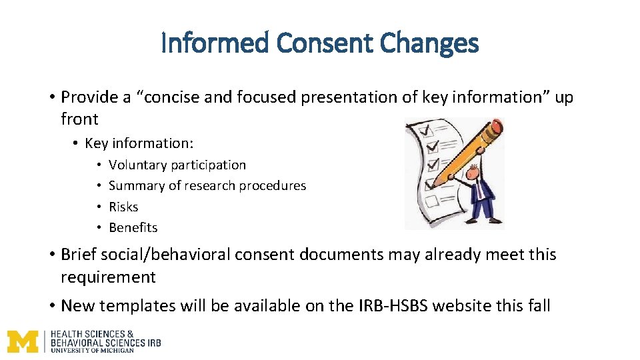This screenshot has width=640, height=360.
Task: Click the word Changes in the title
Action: (x=430, y=44)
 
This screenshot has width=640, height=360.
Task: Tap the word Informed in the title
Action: (x=215, y=44)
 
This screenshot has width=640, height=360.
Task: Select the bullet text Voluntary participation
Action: (x=177, y=165)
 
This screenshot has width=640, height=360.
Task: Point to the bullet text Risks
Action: (x=123, y=207)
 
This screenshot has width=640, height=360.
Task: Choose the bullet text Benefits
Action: (x=133, y=227)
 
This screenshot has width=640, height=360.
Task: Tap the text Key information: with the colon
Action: (x=139, y=143)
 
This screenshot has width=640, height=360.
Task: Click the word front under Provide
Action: (x=79, y=119)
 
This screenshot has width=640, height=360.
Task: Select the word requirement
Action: (x=108, y=277)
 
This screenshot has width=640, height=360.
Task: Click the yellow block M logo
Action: (x=23, y=341)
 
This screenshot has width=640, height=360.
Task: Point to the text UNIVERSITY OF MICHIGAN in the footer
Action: (x=92, y=350)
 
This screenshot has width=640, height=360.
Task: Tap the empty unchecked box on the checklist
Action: (x=431, y=199)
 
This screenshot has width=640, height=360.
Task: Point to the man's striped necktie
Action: (x=479, y=190)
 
